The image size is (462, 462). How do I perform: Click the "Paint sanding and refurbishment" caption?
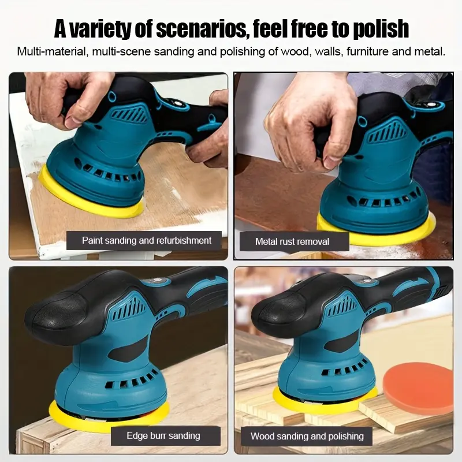point(147,240)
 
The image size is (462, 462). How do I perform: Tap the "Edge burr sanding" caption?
point(163,435)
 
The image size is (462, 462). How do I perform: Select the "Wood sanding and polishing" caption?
point(307,436)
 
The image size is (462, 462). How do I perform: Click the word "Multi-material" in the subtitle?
point(51,51)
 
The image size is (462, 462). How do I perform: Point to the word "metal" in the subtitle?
point(429,51)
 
